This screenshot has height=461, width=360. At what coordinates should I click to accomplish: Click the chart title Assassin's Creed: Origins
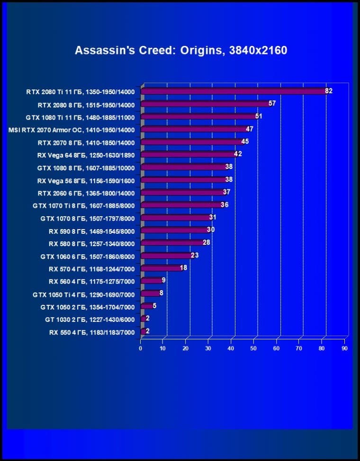pos(180,50)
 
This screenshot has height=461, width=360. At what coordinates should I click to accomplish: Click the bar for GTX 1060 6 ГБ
pos(166,256)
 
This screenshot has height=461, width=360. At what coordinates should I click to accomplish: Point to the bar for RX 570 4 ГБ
pos(161,268)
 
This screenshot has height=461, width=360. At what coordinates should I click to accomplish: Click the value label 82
pos(329,91)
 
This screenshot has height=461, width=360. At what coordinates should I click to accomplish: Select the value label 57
pos(272,103)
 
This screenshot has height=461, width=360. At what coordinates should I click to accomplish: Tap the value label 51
pos(259,116)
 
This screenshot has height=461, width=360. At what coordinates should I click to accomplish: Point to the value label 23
pos(195,255)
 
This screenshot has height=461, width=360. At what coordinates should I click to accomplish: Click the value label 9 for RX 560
pos(163,280)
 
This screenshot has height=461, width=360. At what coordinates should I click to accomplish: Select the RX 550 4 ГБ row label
pos(92,333)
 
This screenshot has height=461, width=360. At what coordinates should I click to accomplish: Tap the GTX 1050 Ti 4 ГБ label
pos(84,295)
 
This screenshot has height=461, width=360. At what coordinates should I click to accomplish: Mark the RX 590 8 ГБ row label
pos(92,231)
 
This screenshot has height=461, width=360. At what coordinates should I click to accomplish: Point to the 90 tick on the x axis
pos(344,348)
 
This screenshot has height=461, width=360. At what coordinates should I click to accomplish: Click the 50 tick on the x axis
pos(253,348)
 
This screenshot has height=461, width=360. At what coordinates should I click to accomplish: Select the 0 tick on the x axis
pos(141,348)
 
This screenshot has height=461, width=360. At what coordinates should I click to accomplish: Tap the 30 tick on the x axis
pos(208,348)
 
